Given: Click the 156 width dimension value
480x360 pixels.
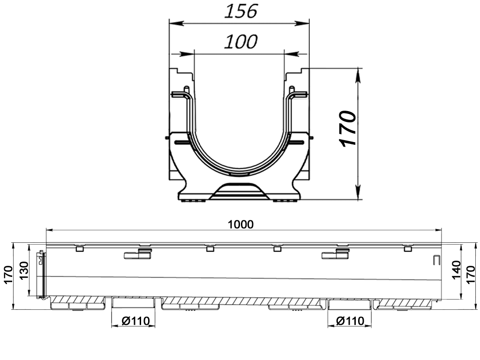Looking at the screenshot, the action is tap(241, 11).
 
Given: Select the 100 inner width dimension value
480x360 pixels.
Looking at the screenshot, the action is tap(241, 42).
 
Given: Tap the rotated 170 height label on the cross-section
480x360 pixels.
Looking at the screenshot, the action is tap(348, 128).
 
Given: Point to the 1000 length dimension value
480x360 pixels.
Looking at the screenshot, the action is tap(240, 225).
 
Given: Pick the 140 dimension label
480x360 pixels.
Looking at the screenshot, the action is tap(456, 270).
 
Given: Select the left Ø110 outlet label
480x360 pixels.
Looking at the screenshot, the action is tap(135, 321).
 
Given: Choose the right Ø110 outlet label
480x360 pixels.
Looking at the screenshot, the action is tap(350, 321).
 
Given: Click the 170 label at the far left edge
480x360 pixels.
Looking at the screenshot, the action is tap(8, 275).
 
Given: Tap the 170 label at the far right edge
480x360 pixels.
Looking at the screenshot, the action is tap(472, 275).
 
